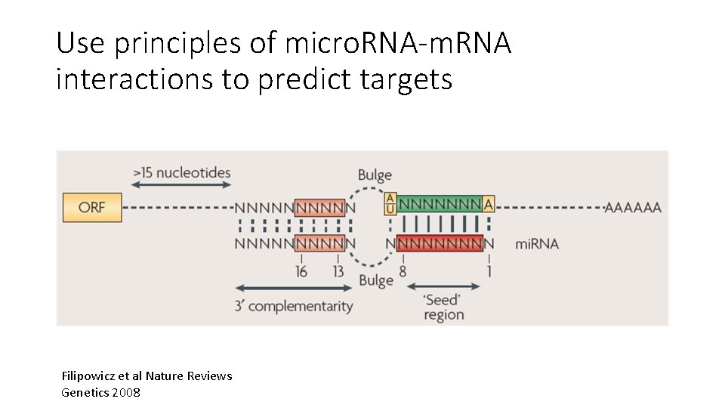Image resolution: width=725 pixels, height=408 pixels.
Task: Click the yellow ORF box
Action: point(91,207)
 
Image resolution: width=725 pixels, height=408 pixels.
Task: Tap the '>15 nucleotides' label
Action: point(181,173)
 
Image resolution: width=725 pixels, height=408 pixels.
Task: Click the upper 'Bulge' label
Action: point(375,175)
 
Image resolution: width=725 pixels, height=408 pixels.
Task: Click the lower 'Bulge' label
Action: point(375,280)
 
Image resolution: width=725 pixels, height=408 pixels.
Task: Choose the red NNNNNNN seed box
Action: point(439,243)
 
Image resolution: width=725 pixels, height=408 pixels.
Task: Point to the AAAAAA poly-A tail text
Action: point(633,207)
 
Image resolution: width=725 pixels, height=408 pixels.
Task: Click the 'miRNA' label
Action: point(537,244)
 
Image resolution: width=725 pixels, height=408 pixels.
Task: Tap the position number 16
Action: point(301,271)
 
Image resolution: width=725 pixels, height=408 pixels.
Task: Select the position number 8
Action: point(403,271)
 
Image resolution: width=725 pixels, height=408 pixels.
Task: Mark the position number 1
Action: point(489,271)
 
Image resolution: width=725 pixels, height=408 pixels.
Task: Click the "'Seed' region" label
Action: point(443,307)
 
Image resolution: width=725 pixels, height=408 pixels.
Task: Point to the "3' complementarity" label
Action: point(294,306)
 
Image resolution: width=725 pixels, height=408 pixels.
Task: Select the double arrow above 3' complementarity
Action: point(294,288)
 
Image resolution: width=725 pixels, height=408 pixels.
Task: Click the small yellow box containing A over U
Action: point(390,204)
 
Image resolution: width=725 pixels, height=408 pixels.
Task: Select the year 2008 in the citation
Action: point(125,392)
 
